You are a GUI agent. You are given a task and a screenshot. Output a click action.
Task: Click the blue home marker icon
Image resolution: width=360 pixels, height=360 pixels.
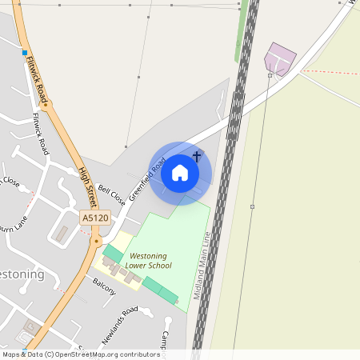click(180, 173)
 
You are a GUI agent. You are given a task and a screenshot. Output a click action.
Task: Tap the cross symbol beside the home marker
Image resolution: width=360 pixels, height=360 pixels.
click(197, 157)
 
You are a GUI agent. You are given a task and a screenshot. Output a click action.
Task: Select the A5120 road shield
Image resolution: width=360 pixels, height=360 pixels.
click(94, 218)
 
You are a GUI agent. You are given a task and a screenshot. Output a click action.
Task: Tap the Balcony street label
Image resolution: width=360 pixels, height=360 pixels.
click(104, 286)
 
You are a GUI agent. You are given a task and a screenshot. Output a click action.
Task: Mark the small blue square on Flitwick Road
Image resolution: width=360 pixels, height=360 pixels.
click(25, 54)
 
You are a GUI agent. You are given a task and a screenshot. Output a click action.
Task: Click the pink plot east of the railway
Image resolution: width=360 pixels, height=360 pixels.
click(279, 58)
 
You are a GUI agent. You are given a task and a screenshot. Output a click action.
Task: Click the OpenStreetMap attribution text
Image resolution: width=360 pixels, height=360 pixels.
click(80, 354)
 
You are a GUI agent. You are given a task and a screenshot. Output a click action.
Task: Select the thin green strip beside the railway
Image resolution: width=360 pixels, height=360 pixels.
click(239, 36)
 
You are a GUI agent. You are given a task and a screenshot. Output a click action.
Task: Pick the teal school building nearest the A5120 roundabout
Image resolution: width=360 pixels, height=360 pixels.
click(113, 254)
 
